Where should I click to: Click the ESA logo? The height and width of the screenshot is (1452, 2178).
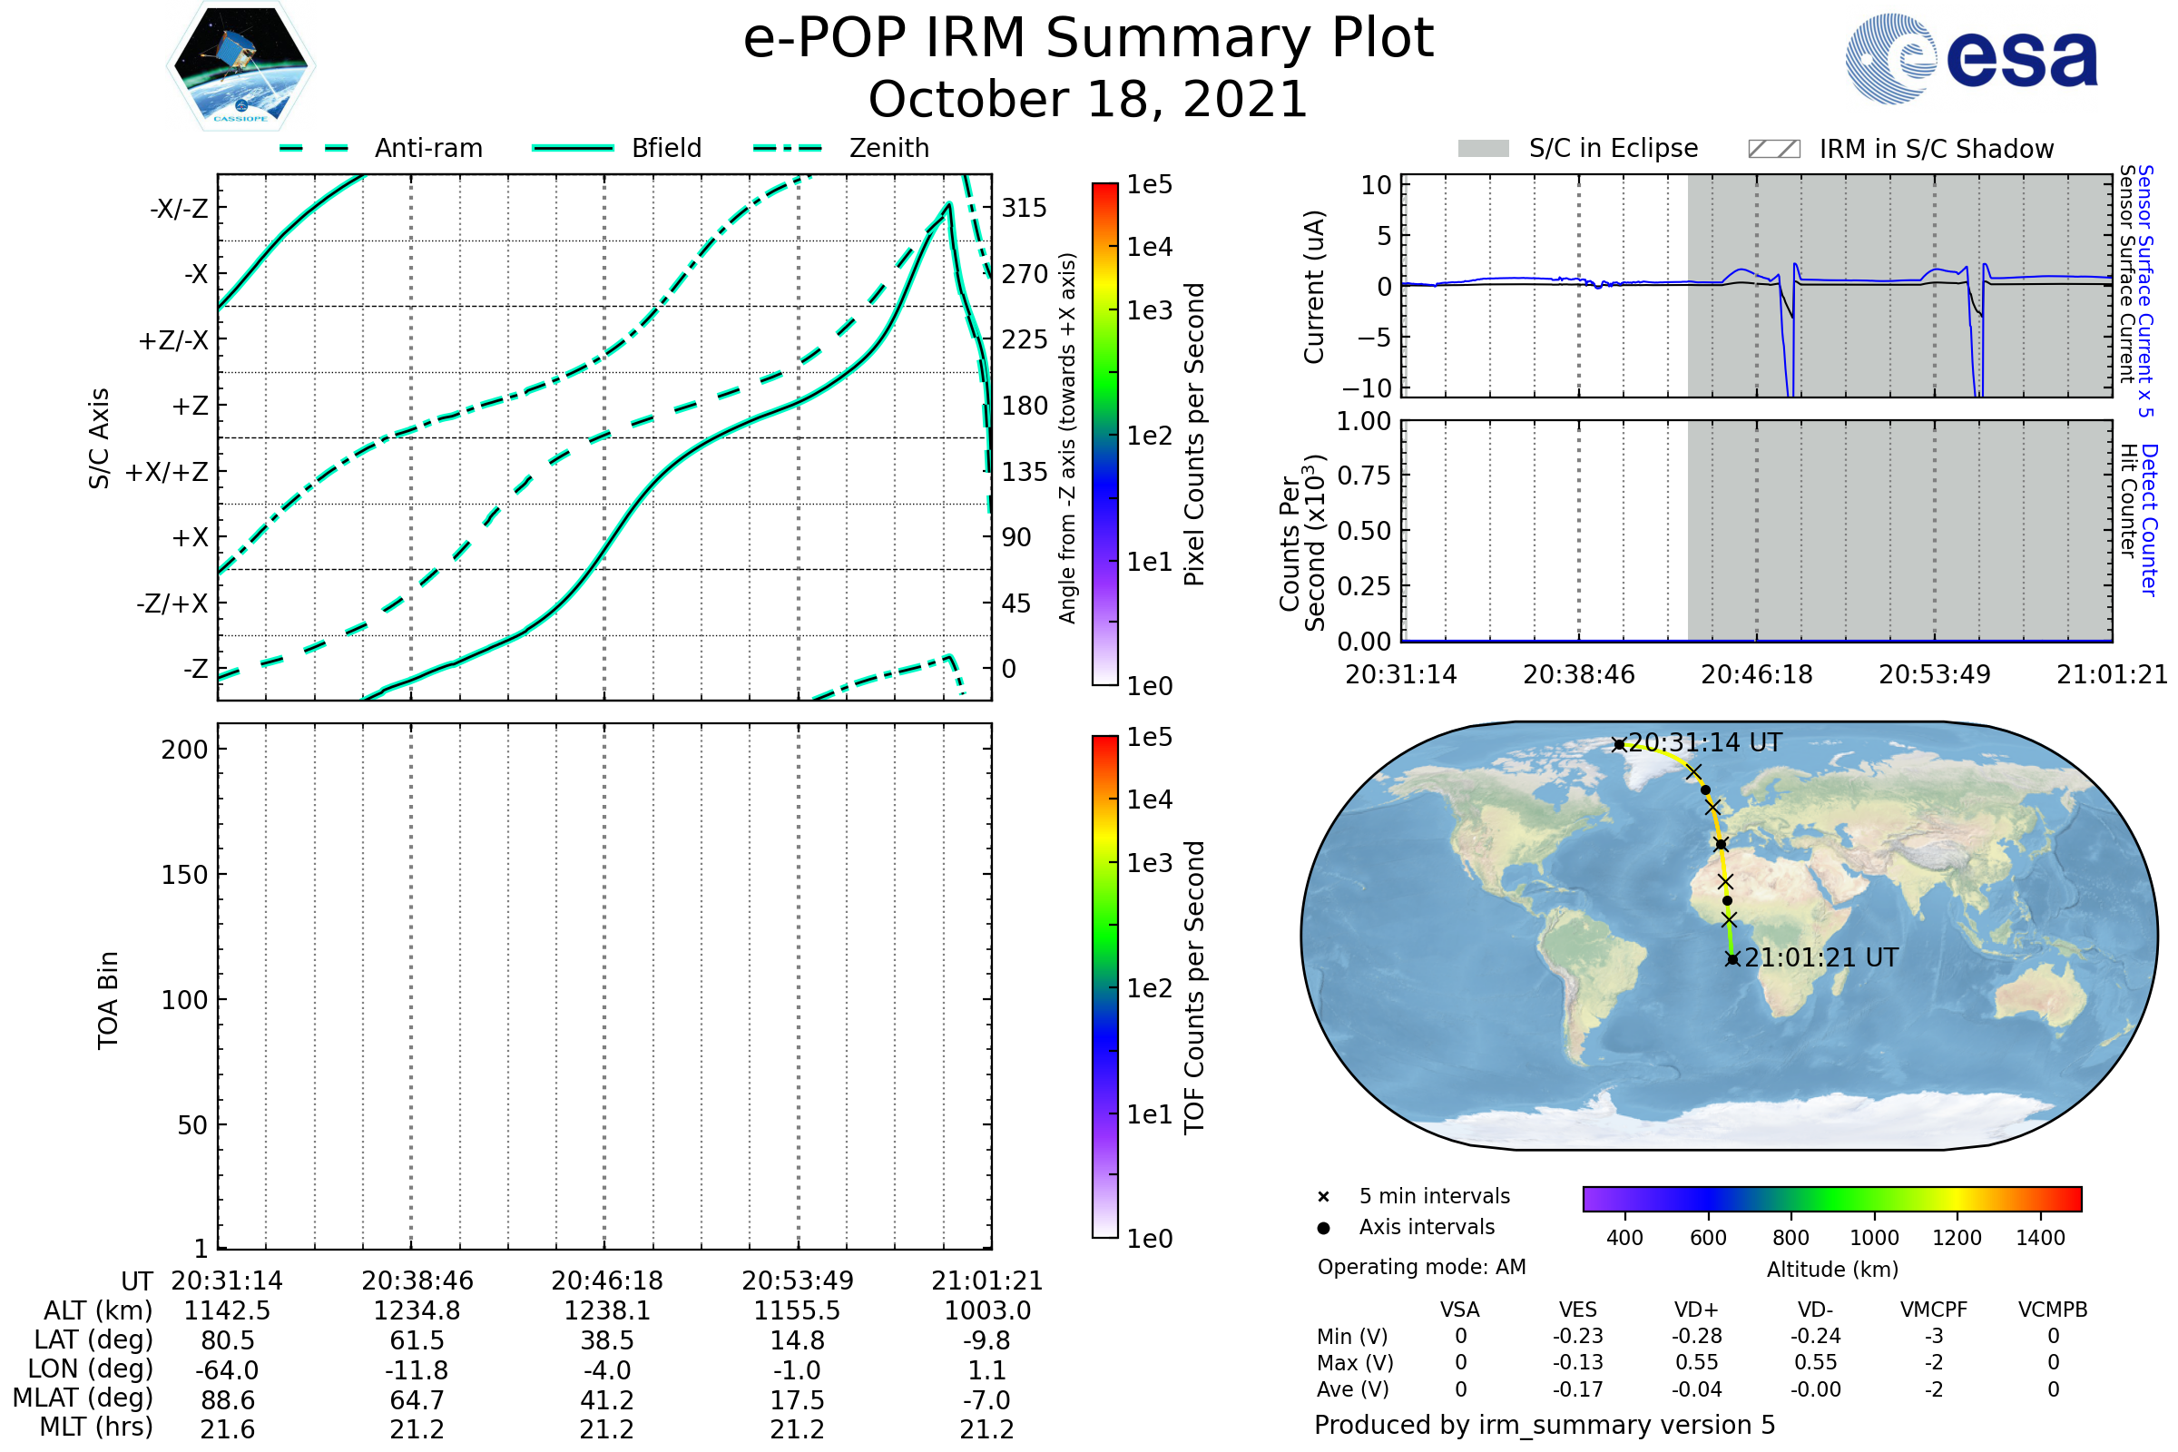point(1971,58)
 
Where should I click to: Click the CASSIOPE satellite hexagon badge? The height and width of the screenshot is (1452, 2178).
point(240,64)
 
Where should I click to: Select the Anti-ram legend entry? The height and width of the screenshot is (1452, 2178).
point(380,148)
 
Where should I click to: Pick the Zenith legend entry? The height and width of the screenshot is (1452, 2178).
point(842,148)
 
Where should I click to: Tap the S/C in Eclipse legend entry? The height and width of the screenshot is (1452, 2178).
point(1578,148)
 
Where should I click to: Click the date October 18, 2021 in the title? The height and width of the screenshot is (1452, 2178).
point(1088,99)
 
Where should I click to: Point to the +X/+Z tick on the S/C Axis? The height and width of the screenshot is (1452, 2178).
point(167,472)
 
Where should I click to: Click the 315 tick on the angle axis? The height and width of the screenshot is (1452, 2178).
point(1025,208)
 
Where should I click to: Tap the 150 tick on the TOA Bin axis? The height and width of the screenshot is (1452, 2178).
point(184,875)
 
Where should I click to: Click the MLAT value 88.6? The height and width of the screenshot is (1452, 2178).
point(228,1400)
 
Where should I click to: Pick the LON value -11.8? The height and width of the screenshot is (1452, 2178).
point(417,1370)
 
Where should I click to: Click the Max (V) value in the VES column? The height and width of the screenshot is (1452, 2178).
point(1578,1362)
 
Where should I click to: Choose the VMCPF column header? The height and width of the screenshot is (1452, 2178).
point(1934,1310)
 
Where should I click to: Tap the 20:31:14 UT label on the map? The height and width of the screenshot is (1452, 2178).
point(1705,742)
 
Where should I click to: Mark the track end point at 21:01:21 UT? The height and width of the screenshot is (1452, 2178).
point(1732,958)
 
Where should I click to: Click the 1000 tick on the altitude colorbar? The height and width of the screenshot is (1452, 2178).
point(1874,1237)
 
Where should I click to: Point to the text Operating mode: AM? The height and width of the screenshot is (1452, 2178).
point(1421,1267)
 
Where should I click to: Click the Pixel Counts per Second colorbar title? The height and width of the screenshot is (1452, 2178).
point(1194,435)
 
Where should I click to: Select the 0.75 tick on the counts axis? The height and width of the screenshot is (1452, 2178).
point(1365,475)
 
